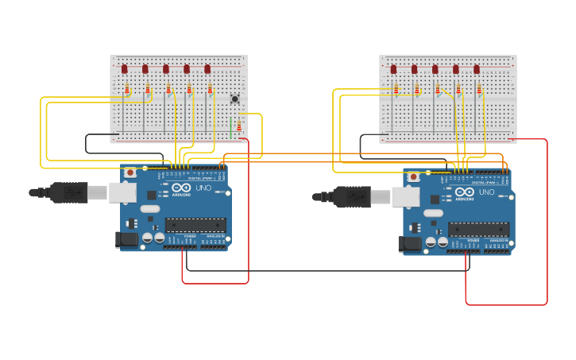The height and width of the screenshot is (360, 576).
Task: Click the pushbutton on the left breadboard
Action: (x=234, y=99)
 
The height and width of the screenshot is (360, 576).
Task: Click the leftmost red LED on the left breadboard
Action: (x=125, y=69)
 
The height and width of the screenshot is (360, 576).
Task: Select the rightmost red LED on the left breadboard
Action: (x=207, y=69)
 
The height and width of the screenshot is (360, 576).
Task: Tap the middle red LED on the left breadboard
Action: (x=166, y=69)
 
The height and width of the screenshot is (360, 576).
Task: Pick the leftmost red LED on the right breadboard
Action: (x=393, y=69)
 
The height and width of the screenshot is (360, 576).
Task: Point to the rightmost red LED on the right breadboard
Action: (x=477, y=69)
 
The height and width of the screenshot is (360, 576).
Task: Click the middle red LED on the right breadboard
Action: (x=435, y=69)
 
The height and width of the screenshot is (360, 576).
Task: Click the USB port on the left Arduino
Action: (x=122, y=192)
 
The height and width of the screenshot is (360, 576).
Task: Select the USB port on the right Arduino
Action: (x=405, y=196)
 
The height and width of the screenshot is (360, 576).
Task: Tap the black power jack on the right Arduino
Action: (x=411, y=244)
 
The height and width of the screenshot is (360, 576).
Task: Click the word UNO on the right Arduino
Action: (x=486, y=192)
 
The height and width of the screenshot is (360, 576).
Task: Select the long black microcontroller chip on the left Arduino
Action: (x=195, y=225)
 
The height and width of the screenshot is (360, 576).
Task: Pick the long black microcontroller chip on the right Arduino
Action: (x=478, y=230)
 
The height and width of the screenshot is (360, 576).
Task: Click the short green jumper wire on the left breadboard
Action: (x=231, y=127)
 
